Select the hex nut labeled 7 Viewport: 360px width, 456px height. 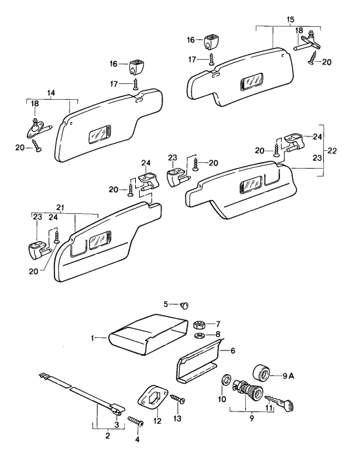(200, 324)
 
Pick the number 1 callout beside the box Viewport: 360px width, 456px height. (94, 338)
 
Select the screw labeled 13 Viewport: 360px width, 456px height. (178, 399)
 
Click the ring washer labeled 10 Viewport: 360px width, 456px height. (226, 381)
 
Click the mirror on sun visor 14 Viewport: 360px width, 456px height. (100, 133)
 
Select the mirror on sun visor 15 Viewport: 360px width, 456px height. (250, 83)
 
